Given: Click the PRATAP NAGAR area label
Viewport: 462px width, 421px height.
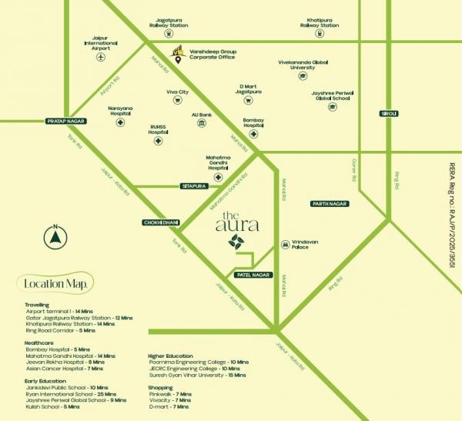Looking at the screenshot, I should coord(65,122).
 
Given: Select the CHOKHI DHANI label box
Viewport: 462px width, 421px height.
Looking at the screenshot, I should coord(161,222).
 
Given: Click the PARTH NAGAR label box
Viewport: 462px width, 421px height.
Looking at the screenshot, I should coord(329,204).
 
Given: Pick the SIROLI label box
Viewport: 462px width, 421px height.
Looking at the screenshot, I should coord(389,114).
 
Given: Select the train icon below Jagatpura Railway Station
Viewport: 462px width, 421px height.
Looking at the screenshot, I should coord(171,35).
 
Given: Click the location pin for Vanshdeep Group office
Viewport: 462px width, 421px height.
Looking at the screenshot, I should coord(179,59).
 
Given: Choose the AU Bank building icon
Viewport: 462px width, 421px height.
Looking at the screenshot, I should coord(201,123).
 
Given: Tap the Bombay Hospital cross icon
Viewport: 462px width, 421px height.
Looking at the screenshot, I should coord(253,132).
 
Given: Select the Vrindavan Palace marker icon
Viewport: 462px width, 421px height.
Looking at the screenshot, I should coord(285,242).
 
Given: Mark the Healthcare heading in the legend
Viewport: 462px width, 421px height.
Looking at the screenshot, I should coord(39,342).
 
